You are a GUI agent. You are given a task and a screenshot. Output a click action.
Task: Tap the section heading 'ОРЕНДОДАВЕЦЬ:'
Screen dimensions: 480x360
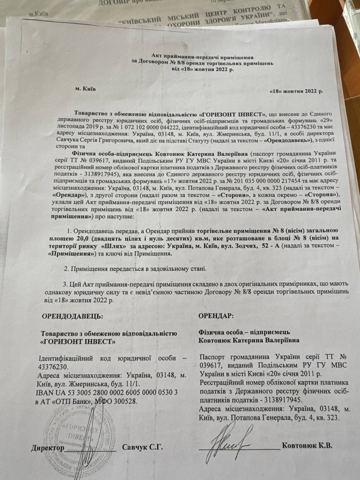pos(72,316)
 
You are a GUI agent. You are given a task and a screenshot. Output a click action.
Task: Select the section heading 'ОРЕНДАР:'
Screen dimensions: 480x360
pos(216,316)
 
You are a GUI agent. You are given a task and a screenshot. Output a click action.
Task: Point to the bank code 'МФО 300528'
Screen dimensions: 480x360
pos(117,401)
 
